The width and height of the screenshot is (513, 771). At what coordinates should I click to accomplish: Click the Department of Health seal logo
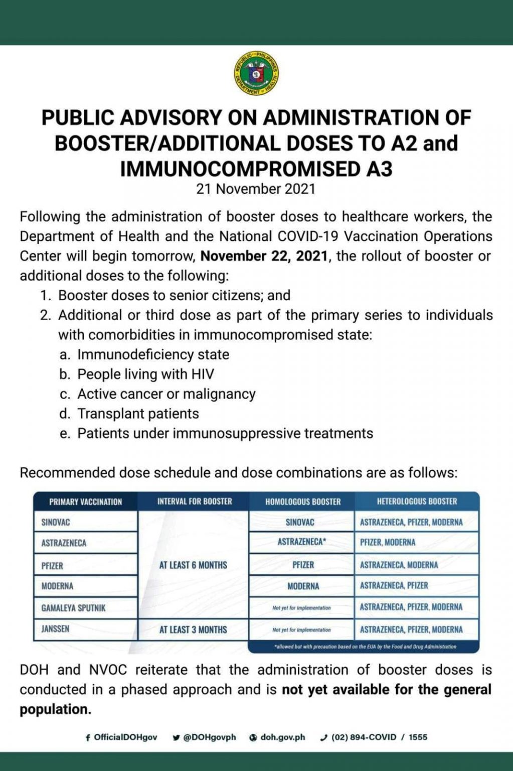pos(256,73)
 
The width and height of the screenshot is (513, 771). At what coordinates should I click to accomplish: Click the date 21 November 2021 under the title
pos(256,189)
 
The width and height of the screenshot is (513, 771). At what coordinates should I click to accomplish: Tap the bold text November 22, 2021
pos(264,256)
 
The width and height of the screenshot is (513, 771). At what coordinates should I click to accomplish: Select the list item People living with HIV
pos(145,374)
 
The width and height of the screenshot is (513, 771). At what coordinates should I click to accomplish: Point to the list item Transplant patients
pos(138,414)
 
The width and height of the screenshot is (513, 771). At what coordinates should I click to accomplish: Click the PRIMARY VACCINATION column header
pos(86,501)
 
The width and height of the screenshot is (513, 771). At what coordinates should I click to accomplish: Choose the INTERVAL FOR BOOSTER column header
pos(195,501)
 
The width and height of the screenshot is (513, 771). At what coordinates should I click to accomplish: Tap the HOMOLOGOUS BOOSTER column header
pos(303,501)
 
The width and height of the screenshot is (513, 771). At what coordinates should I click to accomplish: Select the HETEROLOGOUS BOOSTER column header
pos(417,501)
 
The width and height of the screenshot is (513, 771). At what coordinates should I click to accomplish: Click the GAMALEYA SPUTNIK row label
pos(73,608)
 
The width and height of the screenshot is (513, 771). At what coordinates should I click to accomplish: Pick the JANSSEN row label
pos(55,629)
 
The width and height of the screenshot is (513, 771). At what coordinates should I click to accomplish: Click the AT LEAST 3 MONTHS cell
pos(193,629)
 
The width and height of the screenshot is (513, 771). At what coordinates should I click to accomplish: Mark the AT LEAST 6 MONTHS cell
pos(193,565)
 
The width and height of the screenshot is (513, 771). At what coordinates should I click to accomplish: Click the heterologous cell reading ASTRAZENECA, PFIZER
pos(394,586)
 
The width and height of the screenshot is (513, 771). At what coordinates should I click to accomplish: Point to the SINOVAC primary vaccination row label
pos(55,522)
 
